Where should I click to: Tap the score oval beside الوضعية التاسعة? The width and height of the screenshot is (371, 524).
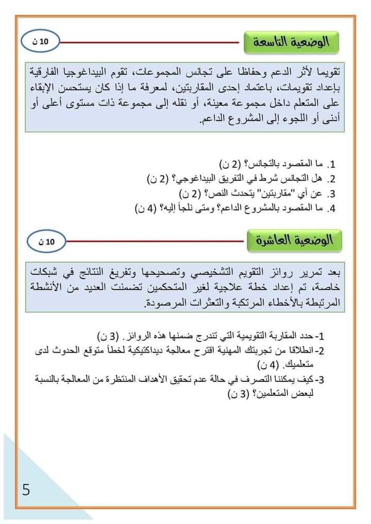41,43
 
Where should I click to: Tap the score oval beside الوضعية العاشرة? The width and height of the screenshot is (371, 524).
45,241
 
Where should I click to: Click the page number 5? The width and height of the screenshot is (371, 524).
26,489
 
